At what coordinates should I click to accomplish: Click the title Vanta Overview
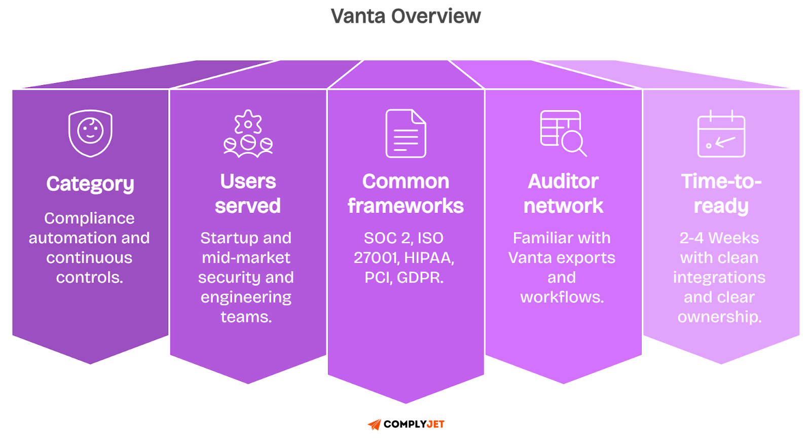click(x=405, y=16)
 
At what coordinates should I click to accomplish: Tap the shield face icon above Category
click(x=90, y=133)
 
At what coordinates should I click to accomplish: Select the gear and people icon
click(x=248, y=134)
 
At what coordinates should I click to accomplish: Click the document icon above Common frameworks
click(x=405, y=133)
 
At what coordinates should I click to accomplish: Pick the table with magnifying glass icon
click(x=563, y=133)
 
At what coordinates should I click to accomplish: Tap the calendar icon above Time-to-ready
click(x=721, y=134)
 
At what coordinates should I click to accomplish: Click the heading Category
click(x=90, y=184)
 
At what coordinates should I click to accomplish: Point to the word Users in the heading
click(x=248, y=181)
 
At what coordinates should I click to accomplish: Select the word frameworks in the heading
click(x=405, y=206)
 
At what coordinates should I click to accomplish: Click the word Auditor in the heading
click(x=563, y=181)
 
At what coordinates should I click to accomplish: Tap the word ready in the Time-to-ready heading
click(x=721, y=206)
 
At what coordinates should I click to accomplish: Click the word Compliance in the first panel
click(x=89, y=218)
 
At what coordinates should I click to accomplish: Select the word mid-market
click(x=246, y=258)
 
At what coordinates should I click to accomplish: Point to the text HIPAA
click(x=429, y=258)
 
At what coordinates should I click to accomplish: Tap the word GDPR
click(x=420, y=277)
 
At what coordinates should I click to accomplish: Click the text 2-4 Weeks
click(x=719, y=238)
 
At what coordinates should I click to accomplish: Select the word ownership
click(x=719, y=317)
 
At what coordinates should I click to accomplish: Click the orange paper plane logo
click(x=374, y=424)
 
